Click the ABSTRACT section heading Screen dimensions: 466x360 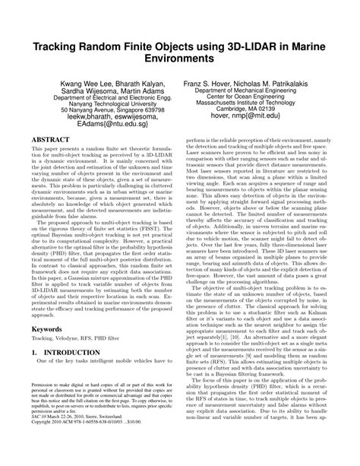tap(44, 161)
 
